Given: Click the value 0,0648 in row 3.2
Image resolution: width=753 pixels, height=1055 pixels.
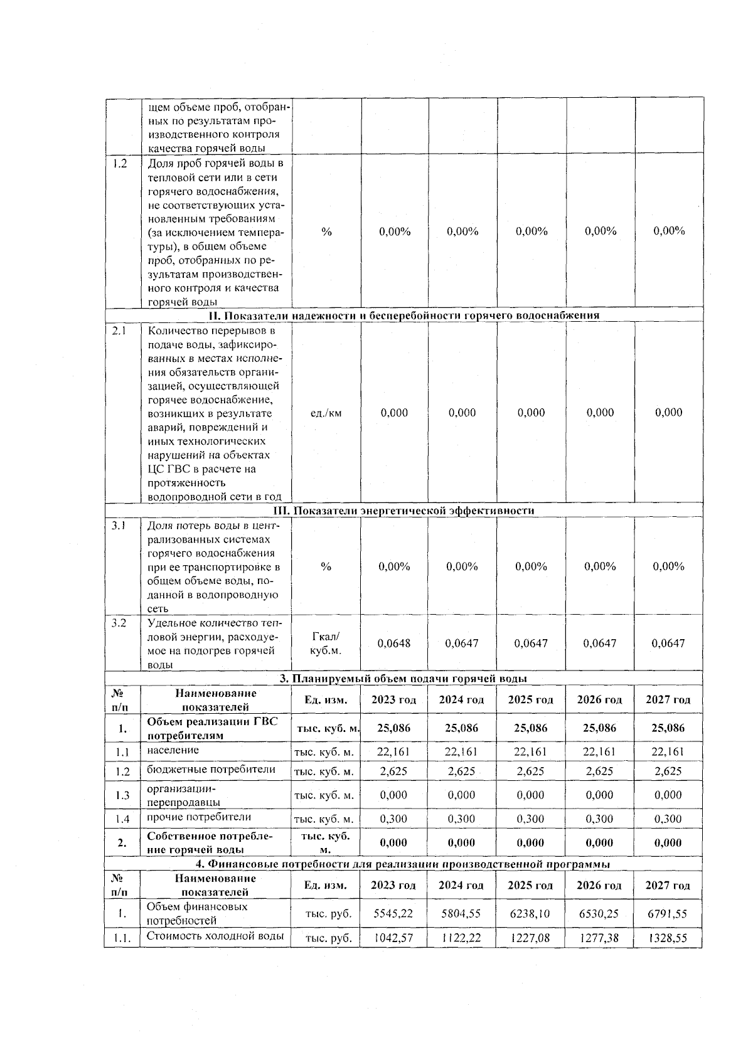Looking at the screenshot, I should point(394,643).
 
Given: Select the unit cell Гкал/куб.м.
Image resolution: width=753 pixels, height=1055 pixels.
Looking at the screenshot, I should point(326,643).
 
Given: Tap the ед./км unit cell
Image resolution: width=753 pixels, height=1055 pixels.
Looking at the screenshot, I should point(326,413).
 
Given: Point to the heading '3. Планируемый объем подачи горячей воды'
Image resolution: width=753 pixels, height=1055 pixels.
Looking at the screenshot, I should point(403,679).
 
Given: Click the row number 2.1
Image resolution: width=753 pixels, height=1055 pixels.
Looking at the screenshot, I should point(119,331).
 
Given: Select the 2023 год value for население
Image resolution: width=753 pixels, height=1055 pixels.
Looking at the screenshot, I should point(393,751).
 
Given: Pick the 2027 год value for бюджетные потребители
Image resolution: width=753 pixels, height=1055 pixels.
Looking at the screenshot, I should point(668,771).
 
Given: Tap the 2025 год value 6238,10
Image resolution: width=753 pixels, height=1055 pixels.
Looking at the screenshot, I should point(530,914).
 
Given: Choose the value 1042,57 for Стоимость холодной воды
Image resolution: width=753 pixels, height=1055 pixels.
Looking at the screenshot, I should point(393,938).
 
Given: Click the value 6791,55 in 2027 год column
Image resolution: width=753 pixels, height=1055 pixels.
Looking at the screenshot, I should point(668,914).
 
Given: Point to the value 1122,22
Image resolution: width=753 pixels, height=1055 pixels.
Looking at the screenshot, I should point(462,938).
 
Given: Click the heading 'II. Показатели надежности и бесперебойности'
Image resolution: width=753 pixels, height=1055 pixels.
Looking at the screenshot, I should point(403,315).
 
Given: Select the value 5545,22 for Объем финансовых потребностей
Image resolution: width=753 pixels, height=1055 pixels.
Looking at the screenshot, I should point(393,914).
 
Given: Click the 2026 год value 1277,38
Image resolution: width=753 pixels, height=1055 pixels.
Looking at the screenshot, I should point(599,938).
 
